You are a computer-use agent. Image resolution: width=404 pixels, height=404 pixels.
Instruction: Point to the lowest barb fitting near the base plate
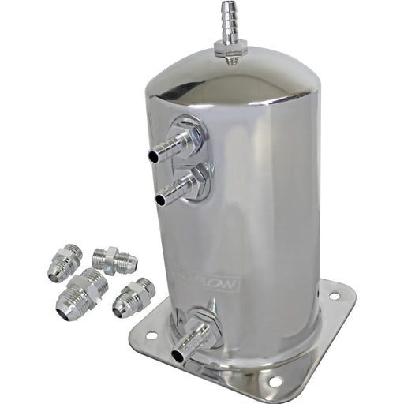(193, 337)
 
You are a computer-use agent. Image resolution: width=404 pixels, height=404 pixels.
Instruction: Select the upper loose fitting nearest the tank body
(114, 260)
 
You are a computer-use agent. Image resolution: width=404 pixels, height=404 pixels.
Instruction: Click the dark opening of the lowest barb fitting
(178, 355)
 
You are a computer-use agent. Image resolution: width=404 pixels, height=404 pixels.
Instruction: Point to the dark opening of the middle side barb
(160, 200)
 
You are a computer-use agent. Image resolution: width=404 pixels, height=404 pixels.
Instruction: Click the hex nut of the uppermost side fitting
(192, 134)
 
